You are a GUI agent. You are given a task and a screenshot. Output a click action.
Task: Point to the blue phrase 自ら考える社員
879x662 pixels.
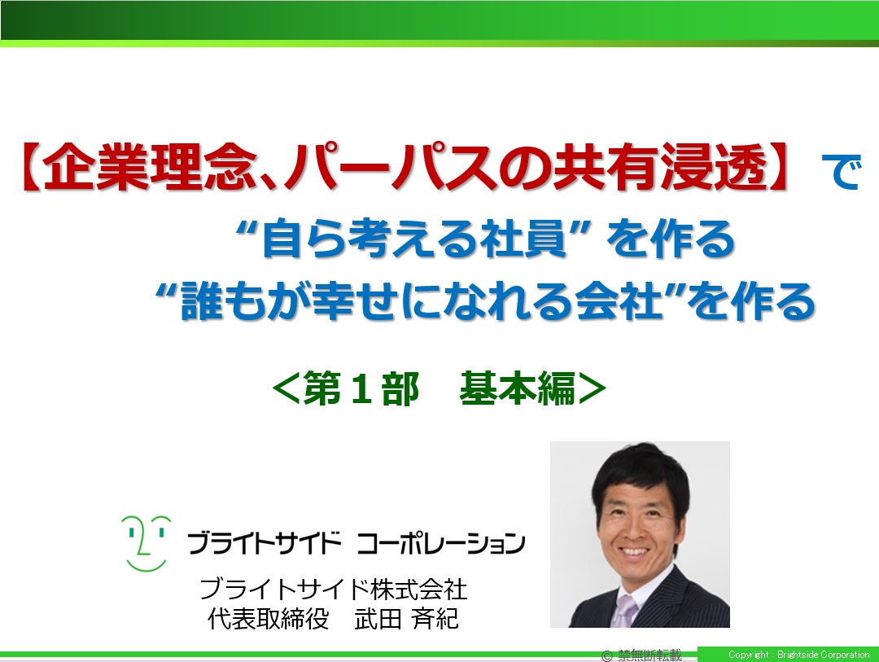click(414, 239)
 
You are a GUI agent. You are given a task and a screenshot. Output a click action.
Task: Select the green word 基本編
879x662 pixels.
click(518, 388)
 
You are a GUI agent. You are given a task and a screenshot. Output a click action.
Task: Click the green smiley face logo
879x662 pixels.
click(146, 543)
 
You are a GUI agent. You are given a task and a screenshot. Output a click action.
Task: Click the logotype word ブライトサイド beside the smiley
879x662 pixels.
click(264, 543)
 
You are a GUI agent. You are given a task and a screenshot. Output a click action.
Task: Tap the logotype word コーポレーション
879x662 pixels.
click(440, 543)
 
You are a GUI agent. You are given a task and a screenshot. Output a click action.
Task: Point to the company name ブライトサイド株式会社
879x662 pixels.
click(334, 589)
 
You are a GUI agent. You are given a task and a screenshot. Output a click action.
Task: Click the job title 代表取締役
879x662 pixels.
click(268, 619)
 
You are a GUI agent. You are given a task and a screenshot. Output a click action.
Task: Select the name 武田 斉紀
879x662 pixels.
click(406, 619)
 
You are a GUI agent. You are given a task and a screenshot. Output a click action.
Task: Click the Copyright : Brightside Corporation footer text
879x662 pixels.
click(799, 655)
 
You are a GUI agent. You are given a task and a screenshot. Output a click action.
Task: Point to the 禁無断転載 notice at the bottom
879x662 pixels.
click(649, 655)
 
